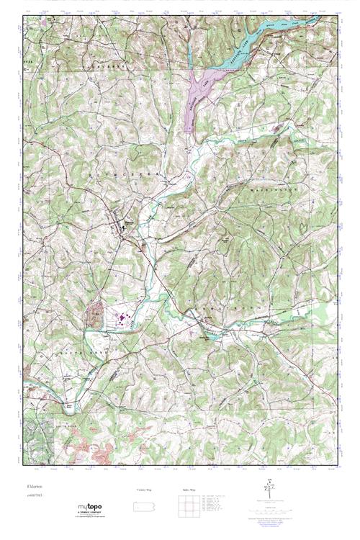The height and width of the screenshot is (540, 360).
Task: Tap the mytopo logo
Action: tap(89, 510)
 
